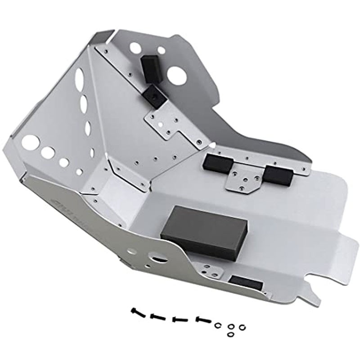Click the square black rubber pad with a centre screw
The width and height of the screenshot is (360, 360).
(153, 97)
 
